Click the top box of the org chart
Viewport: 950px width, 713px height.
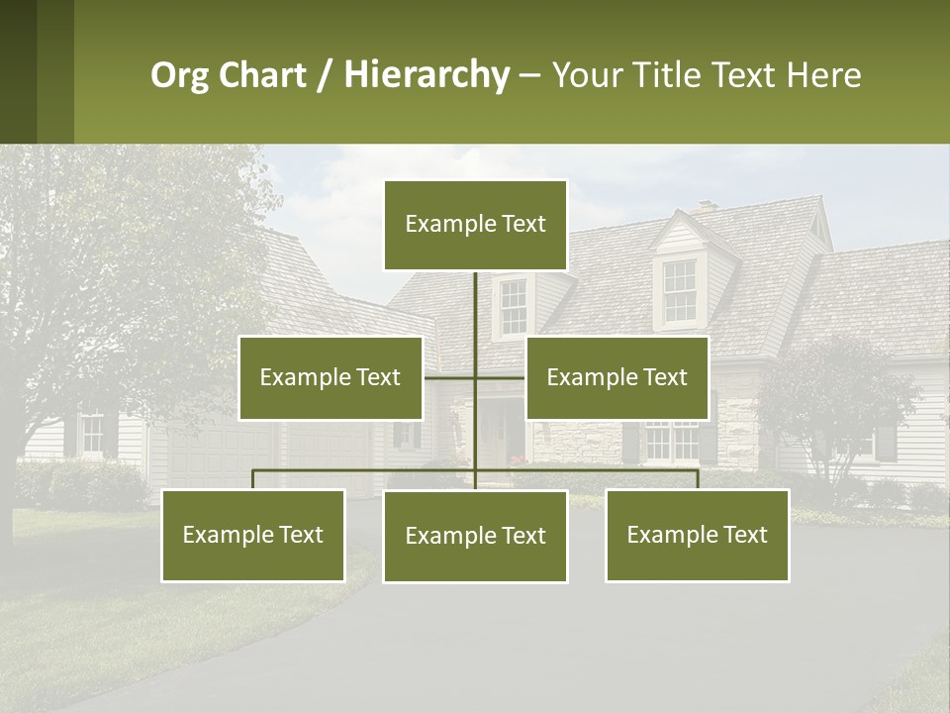pyautogui.click(x=475, y=225)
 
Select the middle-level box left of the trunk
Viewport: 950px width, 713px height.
pyautogui.click(x=331, y=377)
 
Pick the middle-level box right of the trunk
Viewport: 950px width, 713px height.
pyautogui.click(x=617, y=377)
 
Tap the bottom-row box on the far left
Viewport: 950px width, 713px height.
pyautogui.click(x=253, y=535)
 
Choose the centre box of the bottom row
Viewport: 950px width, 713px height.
pyautogui.click(x=475, y=536)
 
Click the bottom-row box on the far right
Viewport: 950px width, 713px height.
pyautogui.click(x=697, y=535)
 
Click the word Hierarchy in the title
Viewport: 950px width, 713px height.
pyautogui.click(x=426, y=75)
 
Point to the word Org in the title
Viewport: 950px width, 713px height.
pyautogui.click(x=180, y=75)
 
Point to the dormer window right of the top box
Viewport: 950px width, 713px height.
pyautogui.click(x=679, y=291)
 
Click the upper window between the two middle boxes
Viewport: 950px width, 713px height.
pyautogui.click(x=513, y=307)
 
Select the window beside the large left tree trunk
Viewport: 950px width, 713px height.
pyautogui.click(x=91, y=435)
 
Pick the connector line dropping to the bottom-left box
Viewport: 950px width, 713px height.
pyautogui.click(x=253, y=479)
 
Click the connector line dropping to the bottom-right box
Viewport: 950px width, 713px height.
pyautogui.click(x=697, y=479)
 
